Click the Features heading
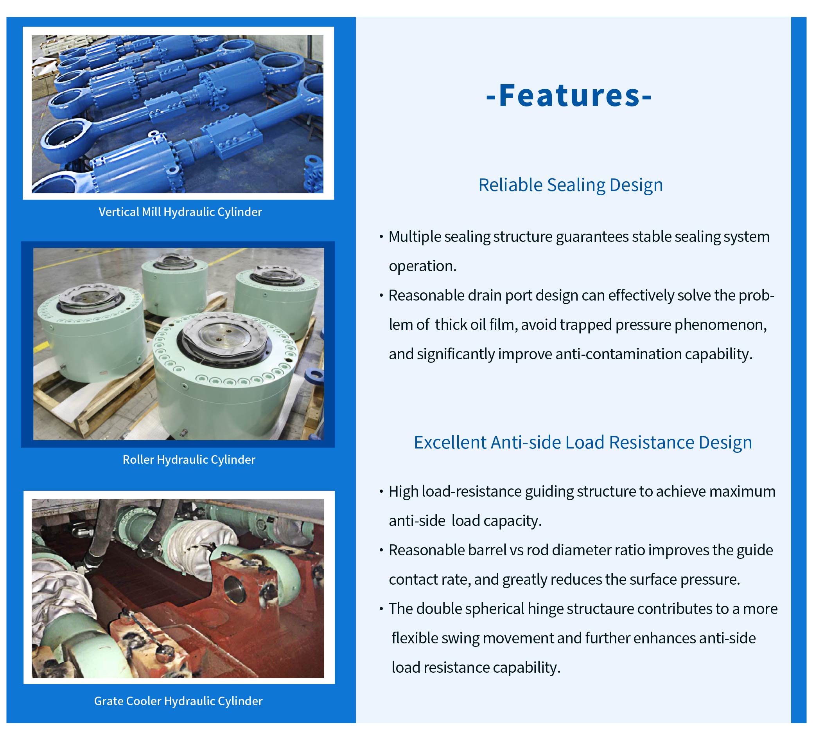[x=569, y=96]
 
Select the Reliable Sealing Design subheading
[x=570, y=185]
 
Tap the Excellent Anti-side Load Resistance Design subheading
[x=583, y=443]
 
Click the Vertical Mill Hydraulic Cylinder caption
[x=180, y=212]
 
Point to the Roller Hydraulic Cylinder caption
[x=189, y=459]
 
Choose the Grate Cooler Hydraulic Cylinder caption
[x=178, y=701]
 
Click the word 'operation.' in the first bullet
[x=423, y=266]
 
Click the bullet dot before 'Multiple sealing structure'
[x=381, y=237]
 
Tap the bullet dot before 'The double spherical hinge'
[x=381, y=609]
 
